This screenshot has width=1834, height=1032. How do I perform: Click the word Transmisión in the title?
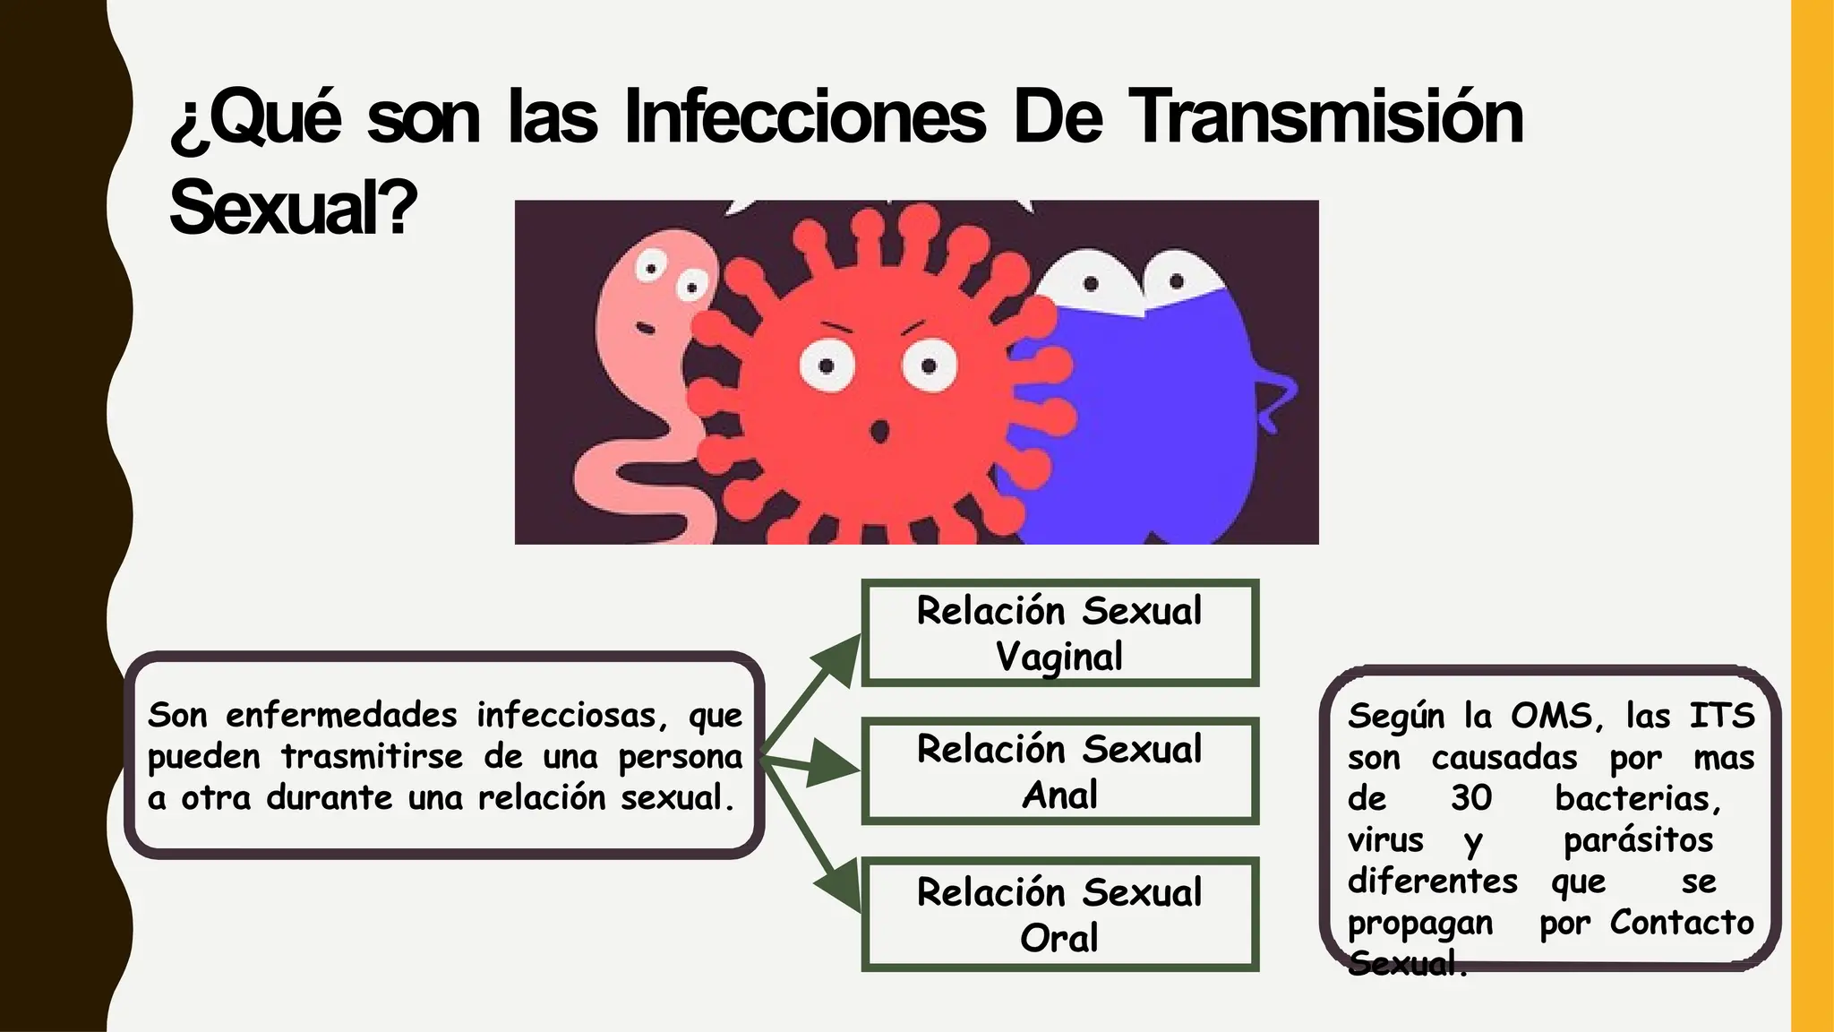(1325, 117)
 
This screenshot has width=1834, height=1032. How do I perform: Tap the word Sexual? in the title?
(293, 208)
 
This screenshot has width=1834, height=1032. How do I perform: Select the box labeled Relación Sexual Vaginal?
(1059, 633)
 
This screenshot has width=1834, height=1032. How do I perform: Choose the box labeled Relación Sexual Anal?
(1059, 771)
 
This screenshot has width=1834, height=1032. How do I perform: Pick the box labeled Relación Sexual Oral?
(1059, 915)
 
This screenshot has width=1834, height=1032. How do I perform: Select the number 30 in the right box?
(1471, 798)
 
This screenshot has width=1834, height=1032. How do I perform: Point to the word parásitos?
(1638, 840)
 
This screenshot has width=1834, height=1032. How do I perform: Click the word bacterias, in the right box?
(1638, 798)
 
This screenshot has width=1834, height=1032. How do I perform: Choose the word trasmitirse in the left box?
(372, 756)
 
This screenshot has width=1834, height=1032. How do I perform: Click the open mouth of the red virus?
(879, 431)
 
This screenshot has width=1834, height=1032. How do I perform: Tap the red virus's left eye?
(827, 365)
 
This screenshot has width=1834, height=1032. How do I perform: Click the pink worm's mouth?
(645, 329)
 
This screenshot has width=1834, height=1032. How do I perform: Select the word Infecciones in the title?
(804, 117)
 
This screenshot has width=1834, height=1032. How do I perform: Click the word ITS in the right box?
(1721, 716)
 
